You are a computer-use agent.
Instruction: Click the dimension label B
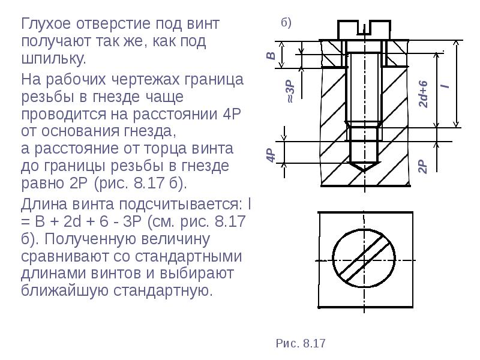click(271, 55)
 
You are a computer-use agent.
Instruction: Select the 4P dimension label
click(271, 155)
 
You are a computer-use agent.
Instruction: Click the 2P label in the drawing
click(422, 166)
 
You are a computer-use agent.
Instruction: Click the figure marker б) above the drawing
click(286, 23)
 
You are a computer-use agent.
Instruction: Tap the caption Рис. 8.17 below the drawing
click(301, 343)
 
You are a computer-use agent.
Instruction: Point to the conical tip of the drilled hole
click(364, 167)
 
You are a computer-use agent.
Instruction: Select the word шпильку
click(53, 58)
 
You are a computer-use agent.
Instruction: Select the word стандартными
click(188, 256)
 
